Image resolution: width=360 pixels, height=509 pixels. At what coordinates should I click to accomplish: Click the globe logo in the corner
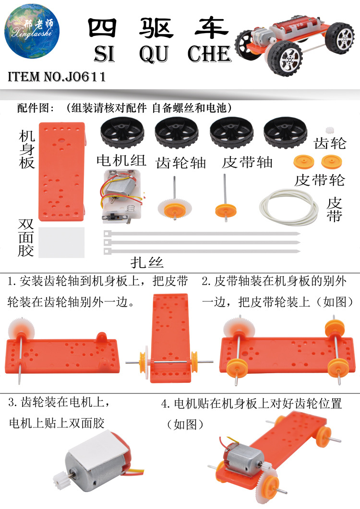pos(32,32)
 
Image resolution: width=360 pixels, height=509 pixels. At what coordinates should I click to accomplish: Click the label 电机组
pos(121,160)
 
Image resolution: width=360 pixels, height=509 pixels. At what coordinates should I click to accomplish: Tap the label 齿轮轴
pos(181,163)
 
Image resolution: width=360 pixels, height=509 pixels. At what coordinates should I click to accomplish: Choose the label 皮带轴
pos(247,162)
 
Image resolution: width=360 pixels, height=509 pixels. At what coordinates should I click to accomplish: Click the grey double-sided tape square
pos(61,242)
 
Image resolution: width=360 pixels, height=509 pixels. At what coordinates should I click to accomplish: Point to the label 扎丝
pos(147,262)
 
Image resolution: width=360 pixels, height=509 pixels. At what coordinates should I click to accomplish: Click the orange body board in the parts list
pos(62,171)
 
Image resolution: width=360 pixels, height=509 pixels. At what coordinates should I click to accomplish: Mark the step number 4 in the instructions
pos(165,404)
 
